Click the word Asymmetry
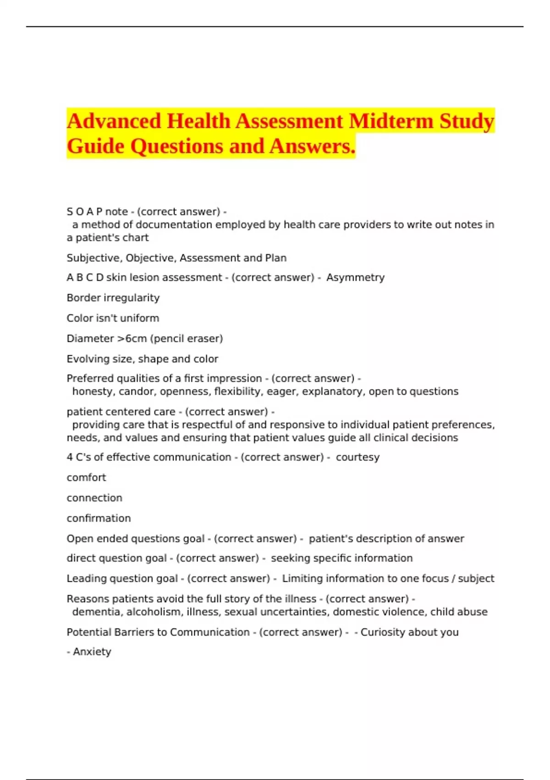[355, 278]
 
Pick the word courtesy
[357, 457]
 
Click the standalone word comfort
[86, 478]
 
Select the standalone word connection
[94, 498]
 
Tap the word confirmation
[99, 518]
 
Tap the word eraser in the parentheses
[204, 339]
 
